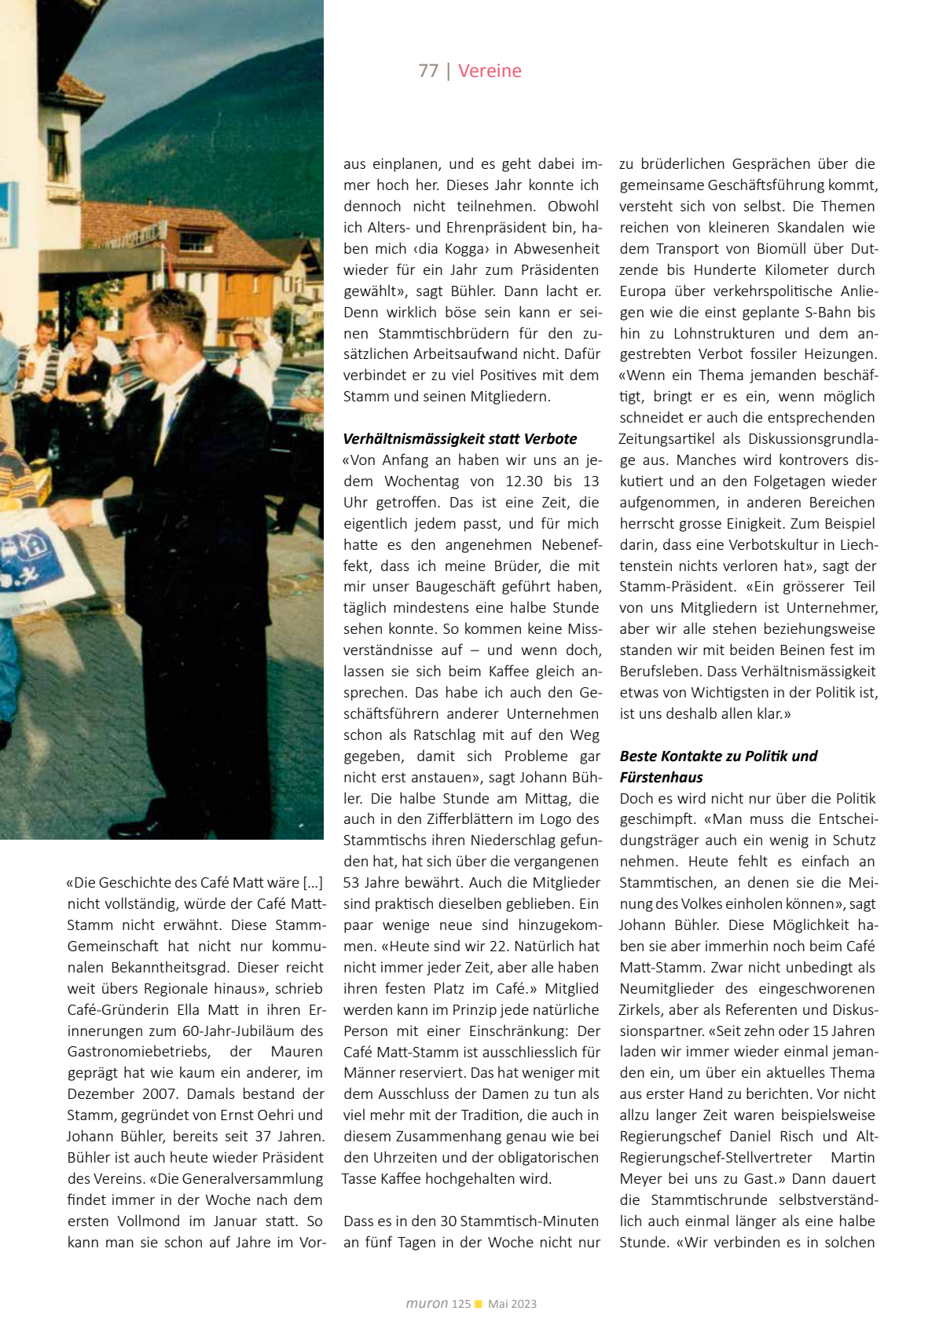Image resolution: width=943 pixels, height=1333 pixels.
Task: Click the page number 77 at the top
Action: tap(428, 71)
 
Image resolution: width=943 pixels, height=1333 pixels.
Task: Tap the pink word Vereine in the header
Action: tap(490, 71)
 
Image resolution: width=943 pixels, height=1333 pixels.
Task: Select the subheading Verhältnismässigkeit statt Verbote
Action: tap(460, 438)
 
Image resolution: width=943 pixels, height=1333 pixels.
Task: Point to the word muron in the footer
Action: tap(427, 1303)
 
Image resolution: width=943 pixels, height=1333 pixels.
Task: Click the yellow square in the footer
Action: tap(479, 1304)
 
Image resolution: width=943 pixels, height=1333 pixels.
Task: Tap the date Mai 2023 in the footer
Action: tap(512, 1304)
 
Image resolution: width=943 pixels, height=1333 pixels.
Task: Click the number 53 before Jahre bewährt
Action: tap(352, 882)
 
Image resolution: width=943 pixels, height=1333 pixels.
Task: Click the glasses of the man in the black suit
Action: tap(148, 338)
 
